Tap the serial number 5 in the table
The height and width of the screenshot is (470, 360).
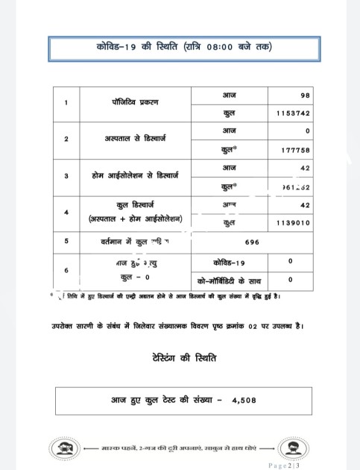pyautogui.click(x=67, y=242)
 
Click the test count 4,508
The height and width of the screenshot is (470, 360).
pyautogui.click(x=244, y=401)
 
